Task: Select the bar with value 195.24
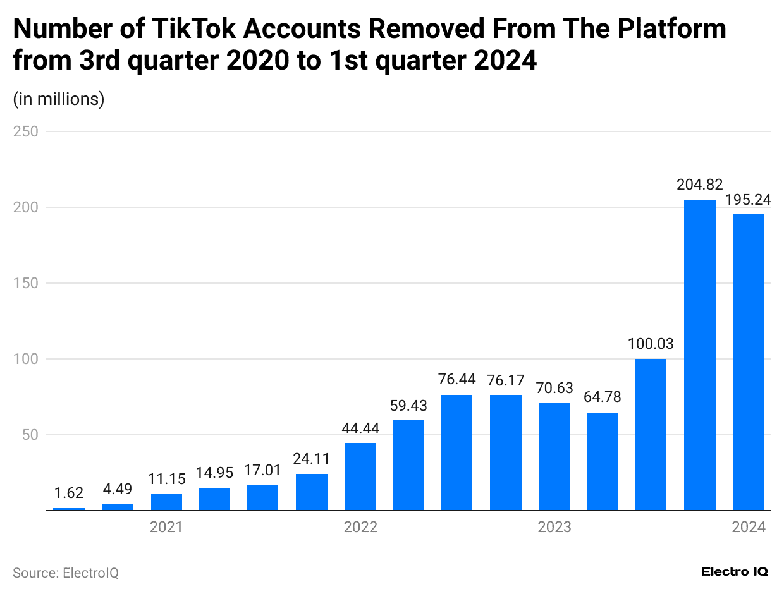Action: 748,361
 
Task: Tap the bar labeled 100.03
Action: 651,434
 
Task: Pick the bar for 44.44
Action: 360,476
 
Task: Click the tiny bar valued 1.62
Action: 69,509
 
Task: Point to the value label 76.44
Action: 456,380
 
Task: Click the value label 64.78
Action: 602,397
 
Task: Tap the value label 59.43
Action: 408,405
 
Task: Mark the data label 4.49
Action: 118,489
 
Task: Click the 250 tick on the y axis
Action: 26,131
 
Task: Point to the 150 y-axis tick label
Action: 26,283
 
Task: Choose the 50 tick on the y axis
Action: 30,435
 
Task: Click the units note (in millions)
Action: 59,99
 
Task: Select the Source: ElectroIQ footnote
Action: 66,573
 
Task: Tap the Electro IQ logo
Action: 735,571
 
